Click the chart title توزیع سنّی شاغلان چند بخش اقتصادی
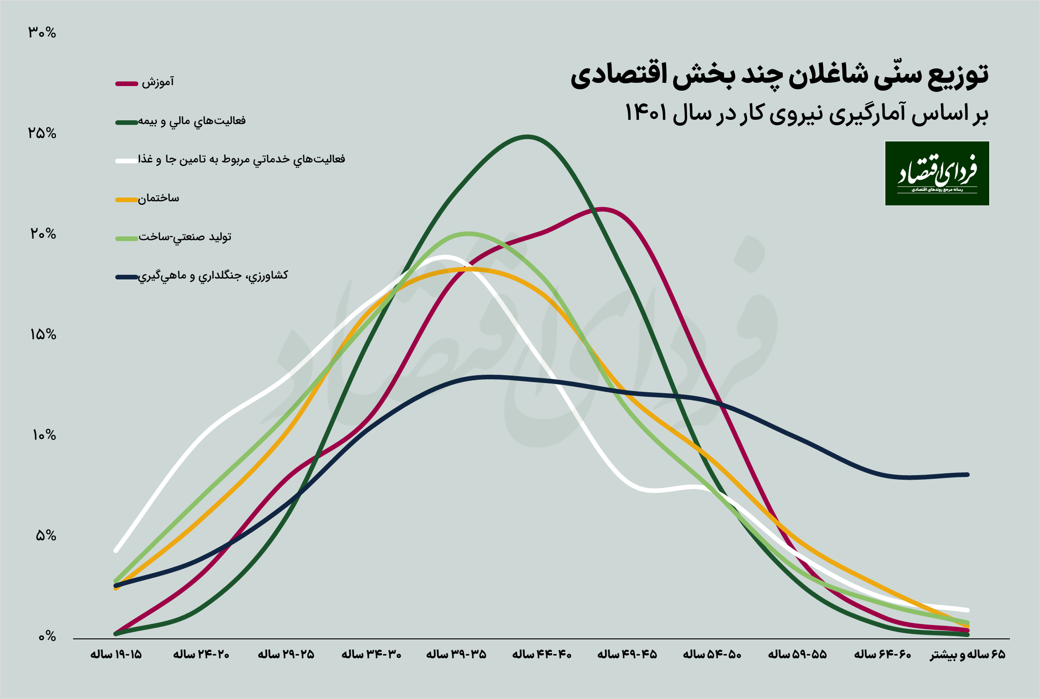tap(779, 75)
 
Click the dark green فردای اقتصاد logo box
tap(937, 173)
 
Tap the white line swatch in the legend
tap(126, 161)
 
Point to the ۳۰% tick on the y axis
tap(42, 33)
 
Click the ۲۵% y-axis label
tap(42, 134)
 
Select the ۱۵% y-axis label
tap(43, 335)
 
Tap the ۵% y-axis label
tap(45, 536)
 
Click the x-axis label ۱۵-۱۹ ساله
tap(116, 655)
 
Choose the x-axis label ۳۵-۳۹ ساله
tap(456, 655)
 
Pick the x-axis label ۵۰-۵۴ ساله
tap(712, 655)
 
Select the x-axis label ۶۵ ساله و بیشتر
tap(967, 655)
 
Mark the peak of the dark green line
tap(527, 137)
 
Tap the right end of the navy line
tap(967, 475)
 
